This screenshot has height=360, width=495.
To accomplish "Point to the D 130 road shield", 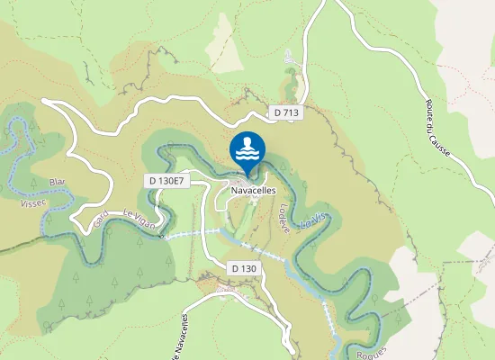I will (244, 268).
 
